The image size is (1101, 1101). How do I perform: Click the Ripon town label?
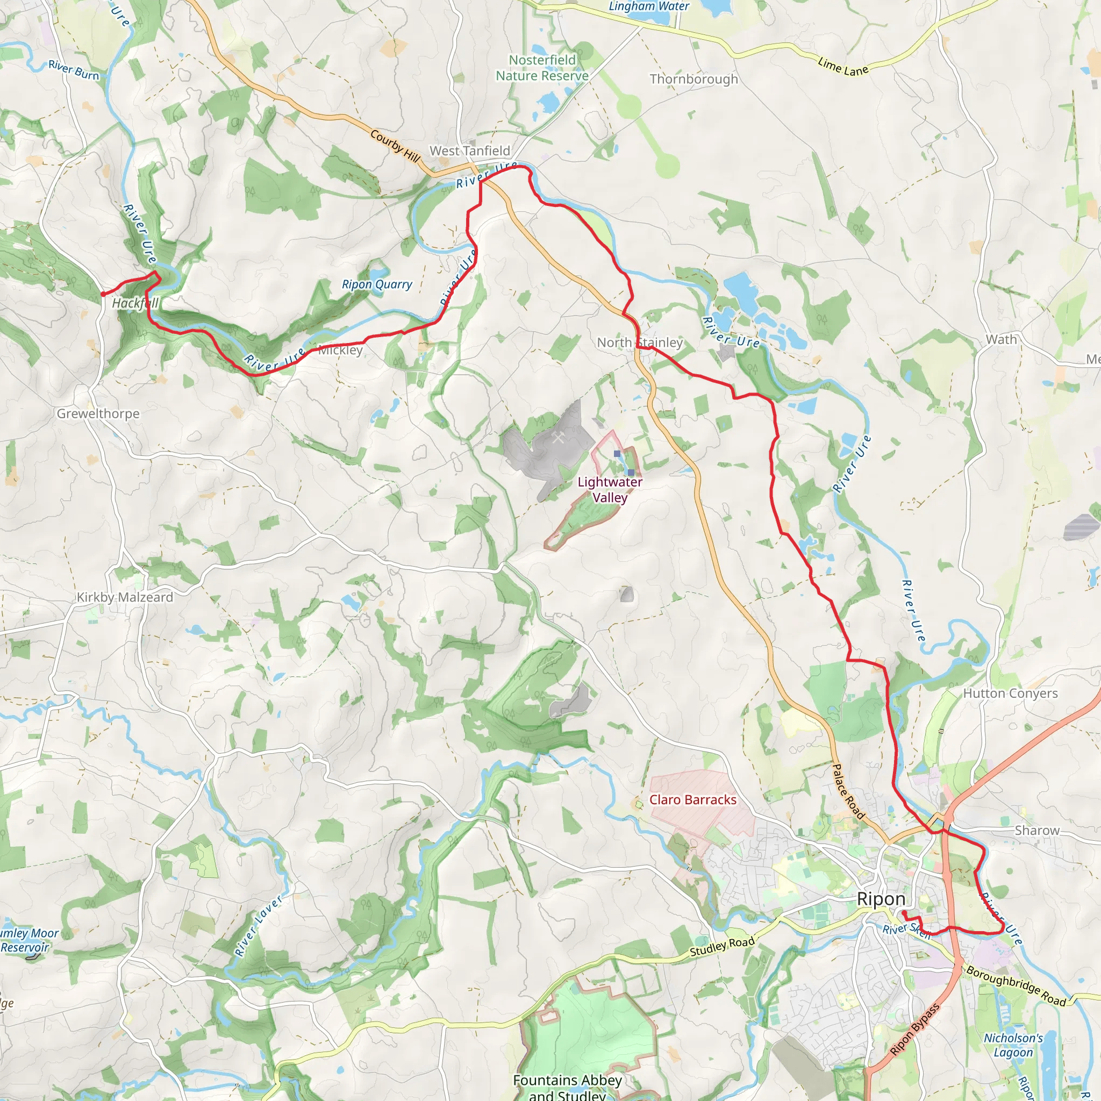[x=881, y=899]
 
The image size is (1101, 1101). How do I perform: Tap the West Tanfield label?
[x=469, y=151]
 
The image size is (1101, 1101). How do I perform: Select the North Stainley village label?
[x=639, y=342]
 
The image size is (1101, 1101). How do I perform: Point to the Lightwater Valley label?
[x=610, y=490]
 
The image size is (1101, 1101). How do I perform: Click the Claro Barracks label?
[x=692, y=799]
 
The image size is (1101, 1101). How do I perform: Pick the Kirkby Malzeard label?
[x=125, y=597]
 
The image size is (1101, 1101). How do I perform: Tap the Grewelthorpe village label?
[x=98, y=414]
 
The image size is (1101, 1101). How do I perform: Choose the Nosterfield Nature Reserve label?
[x=542, y=68]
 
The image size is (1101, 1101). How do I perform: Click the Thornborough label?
[x=694, y=79]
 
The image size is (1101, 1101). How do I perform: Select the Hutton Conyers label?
[x=1010, y=694]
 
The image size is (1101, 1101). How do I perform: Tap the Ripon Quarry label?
[x=377, y=284]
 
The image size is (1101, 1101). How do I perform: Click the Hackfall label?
[x=135, y=303]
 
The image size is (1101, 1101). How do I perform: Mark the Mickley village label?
[x=340, y=350]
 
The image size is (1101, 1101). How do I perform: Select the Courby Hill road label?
[x=395, y=145]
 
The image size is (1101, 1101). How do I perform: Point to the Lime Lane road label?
[x=843, y=67]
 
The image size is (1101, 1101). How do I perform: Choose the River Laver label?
[x=259, y=926]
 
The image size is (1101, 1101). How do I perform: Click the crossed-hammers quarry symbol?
[x=558, y=438]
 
